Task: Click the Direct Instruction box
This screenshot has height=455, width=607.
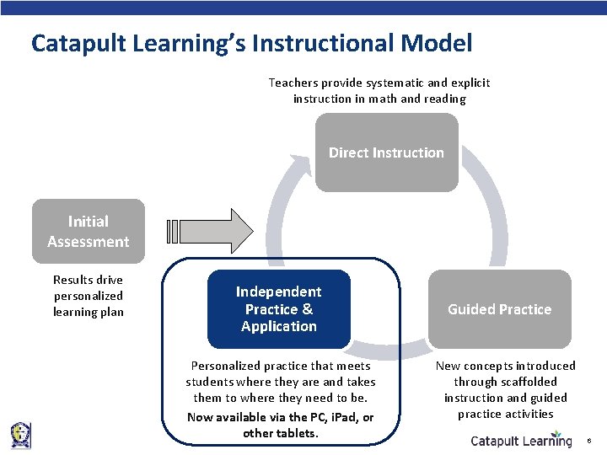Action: (386, 153)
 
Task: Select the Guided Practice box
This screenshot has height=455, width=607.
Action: (499, 309)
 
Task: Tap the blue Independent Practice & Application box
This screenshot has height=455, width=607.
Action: (278, 309)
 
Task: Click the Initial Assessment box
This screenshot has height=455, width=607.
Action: (88, 232)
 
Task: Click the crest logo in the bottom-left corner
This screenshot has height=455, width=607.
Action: (20, 435)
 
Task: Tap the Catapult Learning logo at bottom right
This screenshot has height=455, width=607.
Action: (520, 441)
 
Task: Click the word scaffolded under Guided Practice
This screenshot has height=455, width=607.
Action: (529, 382)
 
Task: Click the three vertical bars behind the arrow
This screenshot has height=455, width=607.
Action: (173, 231)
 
